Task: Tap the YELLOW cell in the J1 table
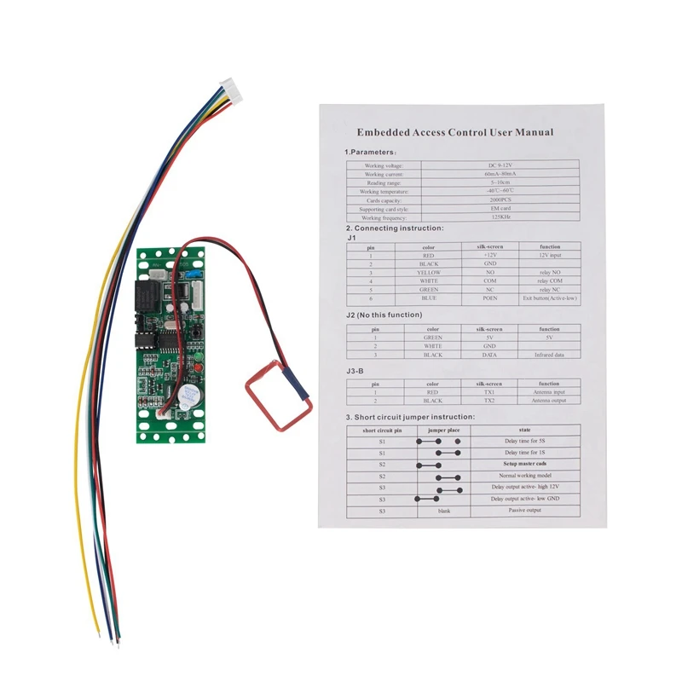(x=429, y=272)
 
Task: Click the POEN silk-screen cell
(x=490, y=299)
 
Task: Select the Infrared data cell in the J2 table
(x=549, y=355)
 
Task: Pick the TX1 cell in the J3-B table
(x=490, y=393)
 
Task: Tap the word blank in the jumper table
(x=441, y=510)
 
